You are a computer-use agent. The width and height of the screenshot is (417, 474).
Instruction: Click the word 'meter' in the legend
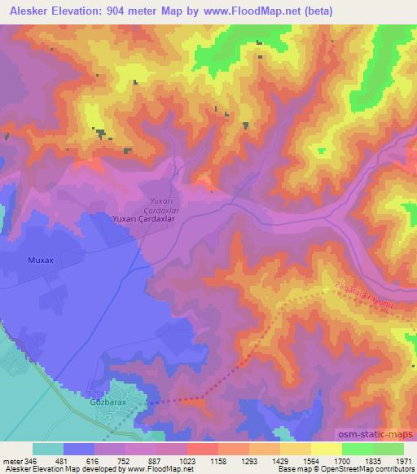(13, 460)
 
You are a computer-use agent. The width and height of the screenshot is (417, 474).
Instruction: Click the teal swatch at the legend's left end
(48, 449)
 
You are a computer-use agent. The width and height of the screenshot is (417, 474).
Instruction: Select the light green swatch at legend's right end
(388, 449)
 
